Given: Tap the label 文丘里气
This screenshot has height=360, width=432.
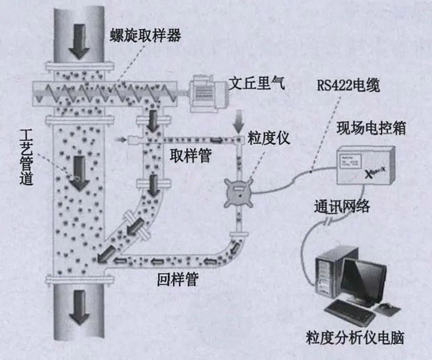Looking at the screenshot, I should (x=257, y=84).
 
